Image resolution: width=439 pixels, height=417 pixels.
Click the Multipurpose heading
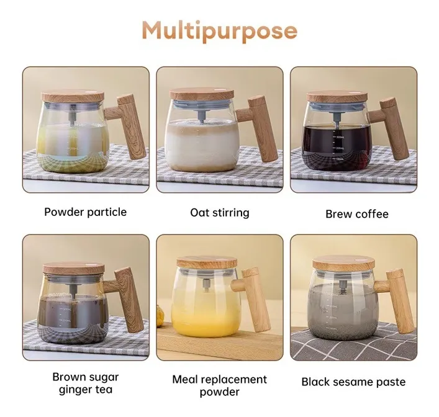click(x=220, y=31)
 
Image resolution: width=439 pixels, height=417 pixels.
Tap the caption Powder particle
click(x=86, y=212)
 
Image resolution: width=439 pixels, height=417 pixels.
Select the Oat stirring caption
click(x=220, y=213)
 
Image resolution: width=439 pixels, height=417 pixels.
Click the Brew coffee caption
click(x=357, y=214)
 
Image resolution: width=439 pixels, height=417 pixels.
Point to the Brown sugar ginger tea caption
click(x=86, y=383)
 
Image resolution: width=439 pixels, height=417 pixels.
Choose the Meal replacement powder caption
click(x=220, y=385)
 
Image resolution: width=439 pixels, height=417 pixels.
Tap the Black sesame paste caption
click(x=353, y=382)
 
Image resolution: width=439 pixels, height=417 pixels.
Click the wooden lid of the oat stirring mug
click(x=202, y=94)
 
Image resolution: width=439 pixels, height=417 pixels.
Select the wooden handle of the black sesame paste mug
click(x=397, y=301)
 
